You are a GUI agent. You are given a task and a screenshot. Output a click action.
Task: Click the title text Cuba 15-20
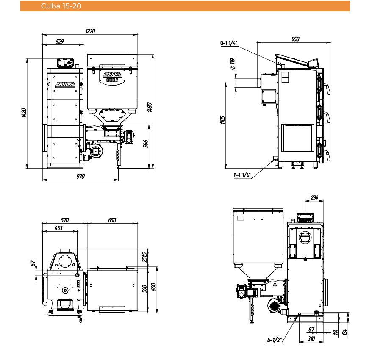pyautogui.click(x=61, y=6)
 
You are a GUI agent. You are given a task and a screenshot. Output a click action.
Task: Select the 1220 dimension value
pyautogui.click(x=90, y=31)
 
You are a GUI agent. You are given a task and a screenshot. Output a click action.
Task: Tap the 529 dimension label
pyautogui.click(x=60, y=42)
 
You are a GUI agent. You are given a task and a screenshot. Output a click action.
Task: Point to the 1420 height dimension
pyautogui.click(x=24, y=113)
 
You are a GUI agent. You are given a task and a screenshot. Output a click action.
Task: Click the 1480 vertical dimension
pyautogui.click(x=150, y=107)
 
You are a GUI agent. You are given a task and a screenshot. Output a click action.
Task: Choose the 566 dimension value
pyautogui.click(x=146, y=144)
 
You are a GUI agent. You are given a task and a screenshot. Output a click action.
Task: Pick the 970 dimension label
pyautogui.click(x=80, y=176)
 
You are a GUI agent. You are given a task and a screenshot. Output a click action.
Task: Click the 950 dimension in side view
pyautogui.click(x=295, y=39)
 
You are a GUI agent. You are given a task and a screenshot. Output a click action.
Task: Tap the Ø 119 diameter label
pyautogui.click(x=233, y=64)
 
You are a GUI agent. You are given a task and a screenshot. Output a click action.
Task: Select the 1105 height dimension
pyautogui.click(x=222, y=120)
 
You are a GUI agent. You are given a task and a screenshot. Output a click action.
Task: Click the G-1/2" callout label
pyautogui.click(x=275, y=340)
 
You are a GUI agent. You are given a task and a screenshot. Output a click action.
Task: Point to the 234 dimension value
pyautogui.click(x=314, y=198)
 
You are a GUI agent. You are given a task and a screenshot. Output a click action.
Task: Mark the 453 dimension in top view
pyautogui.click(x=58, y=228)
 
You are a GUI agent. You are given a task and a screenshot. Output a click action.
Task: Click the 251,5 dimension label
pyautogui.click(x=145, y=257)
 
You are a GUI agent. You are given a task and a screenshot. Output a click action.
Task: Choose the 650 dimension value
pyautogui.click(x=112, y=220)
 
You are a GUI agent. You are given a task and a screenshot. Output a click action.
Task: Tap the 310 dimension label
pyautogui.click(x=311, y=338)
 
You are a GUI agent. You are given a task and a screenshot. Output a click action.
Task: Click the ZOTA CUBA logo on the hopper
pyautogui.click(x=112, y=77)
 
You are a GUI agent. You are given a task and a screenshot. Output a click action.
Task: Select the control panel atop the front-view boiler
pyautogui.click(x=65, y=63)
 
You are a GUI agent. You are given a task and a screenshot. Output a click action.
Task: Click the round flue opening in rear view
pyautogui.click(x=305, y=237)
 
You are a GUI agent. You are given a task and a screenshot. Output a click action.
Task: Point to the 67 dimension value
pyautogui.click(x=33, y=263)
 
